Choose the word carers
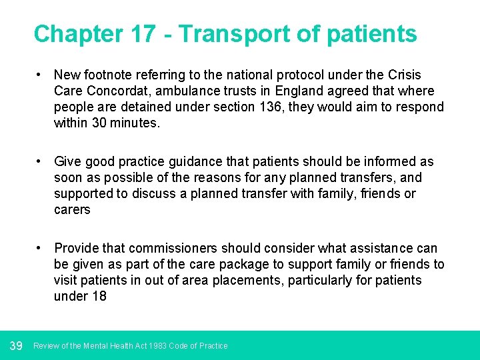click(x=72, y=209)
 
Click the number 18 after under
click(x=99, y=296)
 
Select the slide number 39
click(x=17, y=345)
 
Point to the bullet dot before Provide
click(x=41, y=248)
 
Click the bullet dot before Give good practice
click(x=41, y=161)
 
